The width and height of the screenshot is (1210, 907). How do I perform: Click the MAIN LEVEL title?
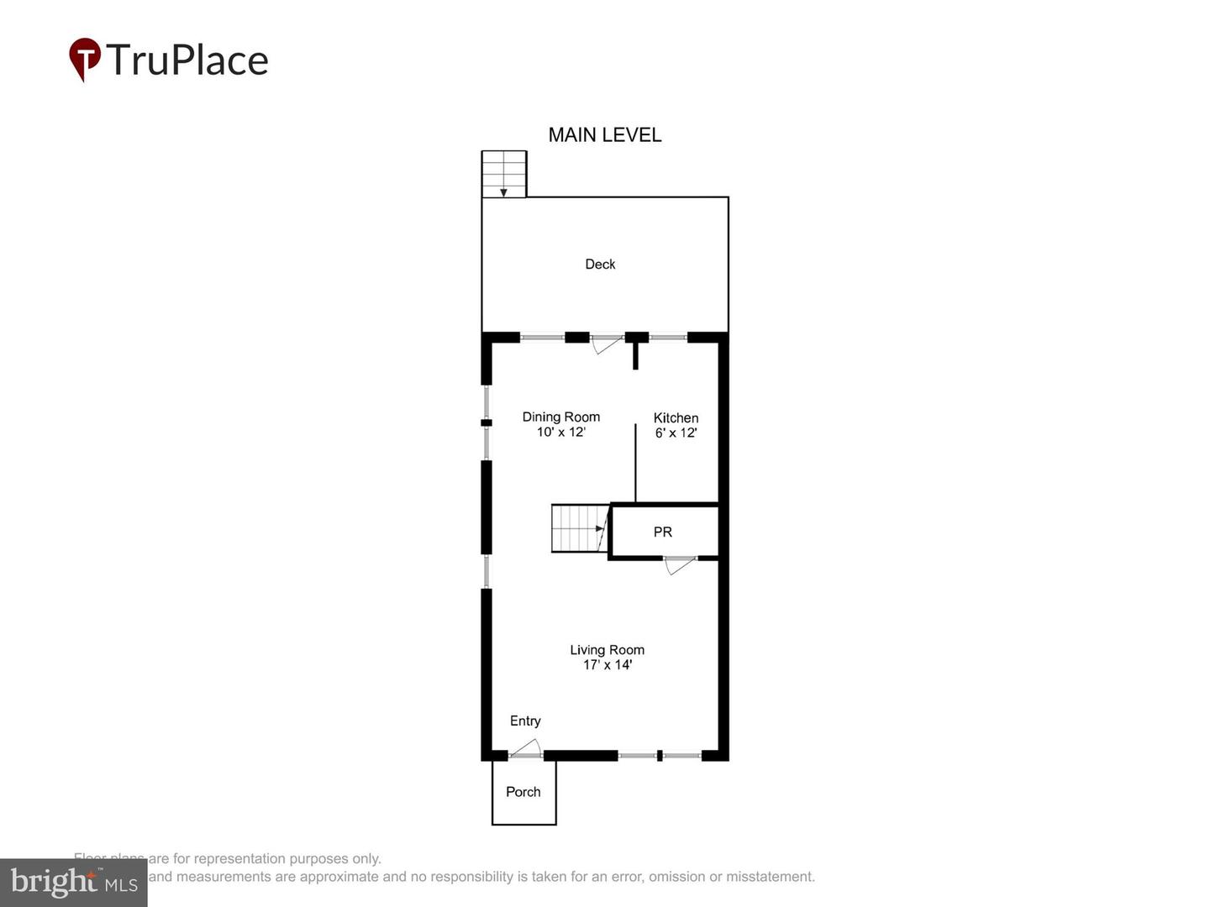[604, 135]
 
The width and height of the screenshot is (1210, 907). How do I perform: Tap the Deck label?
[600, 265]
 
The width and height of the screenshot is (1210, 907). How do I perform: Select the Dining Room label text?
[560, 417]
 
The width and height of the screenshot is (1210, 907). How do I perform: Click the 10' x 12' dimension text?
[560, 433]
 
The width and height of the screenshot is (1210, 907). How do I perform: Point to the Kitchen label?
[676, 417]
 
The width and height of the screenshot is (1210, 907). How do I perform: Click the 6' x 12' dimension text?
[676, 433]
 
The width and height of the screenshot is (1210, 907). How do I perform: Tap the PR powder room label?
[662, 532]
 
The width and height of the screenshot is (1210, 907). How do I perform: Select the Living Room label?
[607, 650]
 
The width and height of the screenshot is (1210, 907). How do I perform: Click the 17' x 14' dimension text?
[607, 665]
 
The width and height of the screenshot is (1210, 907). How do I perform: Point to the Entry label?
[525, 721]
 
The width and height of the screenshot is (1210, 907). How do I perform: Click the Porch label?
[523, 792]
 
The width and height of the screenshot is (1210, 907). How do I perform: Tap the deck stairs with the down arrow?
[503, 174]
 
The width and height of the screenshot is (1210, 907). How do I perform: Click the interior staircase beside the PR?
[578, 528]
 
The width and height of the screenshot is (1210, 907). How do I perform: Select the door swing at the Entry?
[526, 748]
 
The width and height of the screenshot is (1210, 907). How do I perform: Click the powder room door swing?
[679, 565]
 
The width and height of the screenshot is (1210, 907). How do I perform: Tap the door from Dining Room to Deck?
[606, 343]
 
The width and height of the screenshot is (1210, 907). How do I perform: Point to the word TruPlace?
[187, 60]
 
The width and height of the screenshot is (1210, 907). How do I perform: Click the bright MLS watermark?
[74, 882]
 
